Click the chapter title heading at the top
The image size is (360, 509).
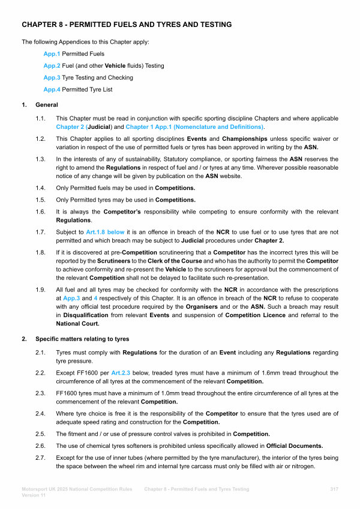[x=127, y=25]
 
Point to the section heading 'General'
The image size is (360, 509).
[x=47, y=106]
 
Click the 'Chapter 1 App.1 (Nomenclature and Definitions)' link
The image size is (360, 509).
[x=194, y=128]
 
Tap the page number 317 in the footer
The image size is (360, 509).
[x=334, y=490]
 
